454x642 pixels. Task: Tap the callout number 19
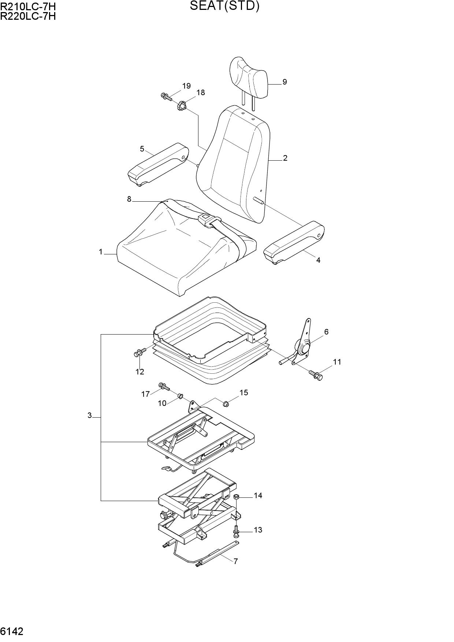186,86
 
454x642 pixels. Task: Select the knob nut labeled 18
182,107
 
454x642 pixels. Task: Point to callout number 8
129,199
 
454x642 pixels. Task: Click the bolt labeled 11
316,375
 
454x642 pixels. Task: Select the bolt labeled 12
139,353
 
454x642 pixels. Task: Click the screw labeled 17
164,386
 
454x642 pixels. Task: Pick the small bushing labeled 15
226,404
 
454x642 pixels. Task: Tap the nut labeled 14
237,497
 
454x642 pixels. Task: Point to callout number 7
236,561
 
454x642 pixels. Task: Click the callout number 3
89,415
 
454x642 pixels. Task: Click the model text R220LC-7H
28,16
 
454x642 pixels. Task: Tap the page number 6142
12,631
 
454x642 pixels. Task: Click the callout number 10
162,403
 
